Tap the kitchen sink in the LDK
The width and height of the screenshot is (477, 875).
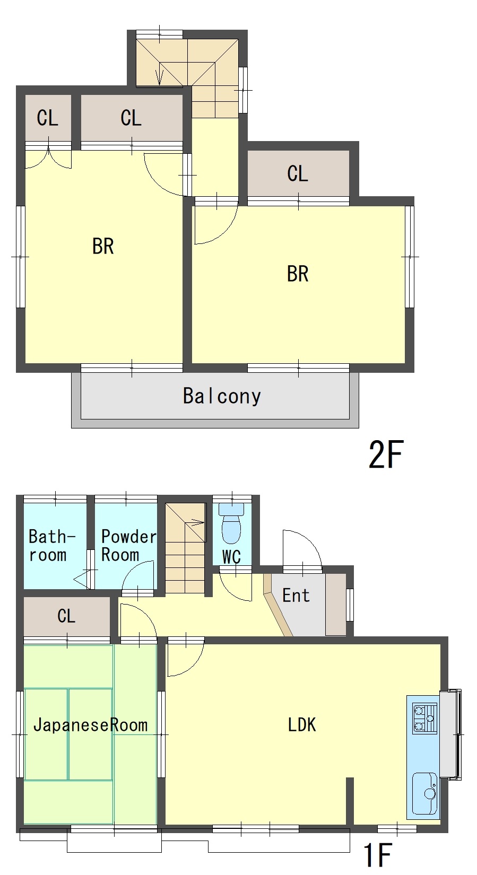pyautogui.click(x=424, y=793)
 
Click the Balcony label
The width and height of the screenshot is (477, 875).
pyautogui.click(x=222, y=396)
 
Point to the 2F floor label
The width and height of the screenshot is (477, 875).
pyautogui.click(x=386, y=454)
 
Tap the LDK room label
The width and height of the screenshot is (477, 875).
pyautogui.click(x=302, y=724)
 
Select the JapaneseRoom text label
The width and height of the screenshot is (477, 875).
pyautogui.click(x=90, y=725)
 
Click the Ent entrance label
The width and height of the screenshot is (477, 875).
pyautogui.click(x=296, y=596)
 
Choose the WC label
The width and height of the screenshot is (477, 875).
pyautogui.click(x=231, y=557)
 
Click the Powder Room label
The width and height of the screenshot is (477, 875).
pyautogui.click(x=128, y=545)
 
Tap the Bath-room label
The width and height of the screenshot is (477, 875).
pyautogui.click(x=51, y=545)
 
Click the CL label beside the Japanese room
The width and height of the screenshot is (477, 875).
pyautogui.click(x=66, y=616)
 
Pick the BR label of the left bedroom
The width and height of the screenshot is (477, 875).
pyautogui.click(x=103, y=247)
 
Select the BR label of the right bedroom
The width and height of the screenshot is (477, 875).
pyautogui.click(x=298, y=274)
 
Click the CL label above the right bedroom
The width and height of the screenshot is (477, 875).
pyautogui.click(x=298, y=173)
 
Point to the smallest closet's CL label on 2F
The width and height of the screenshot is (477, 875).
pyautogui.click(x=48, y=118)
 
